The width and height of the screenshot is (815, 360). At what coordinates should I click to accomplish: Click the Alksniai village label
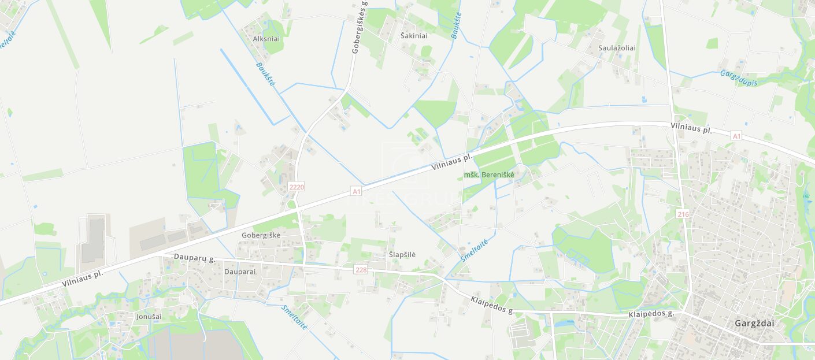[x=266, y=39]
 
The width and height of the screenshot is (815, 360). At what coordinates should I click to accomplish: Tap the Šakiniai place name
[x=414, y=36]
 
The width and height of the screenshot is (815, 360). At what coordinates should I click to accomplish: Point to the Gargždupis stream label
[x=738, y=78]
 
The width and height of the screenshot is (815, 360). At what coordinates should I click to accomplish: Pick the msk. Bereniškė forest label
[x=488, y=175]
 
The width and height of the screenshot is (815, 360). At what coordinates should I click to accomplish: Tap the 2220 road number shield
[x=296, y=187]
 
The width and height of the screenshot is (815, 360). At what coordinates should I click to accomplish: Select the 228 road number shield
[x=361, y=270]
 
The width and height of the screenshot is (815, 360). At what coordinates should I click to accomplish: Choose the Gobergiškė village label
[x=261, y=235]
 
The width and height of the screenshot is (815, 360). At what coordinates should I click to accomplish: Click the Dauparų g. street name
[x=195, y=257]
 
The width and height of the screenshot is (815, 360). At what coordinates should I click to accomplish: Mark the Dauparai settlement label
[x=239, y=271]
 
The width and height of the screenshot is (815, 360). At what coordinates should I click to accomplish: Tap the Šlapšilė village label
[x=402, y=255]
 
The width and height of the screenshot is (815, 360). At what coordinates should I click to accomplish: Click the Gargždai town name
[x=754, y=323]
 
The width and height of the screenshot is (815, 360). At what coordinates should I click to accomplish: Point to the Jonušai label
[x=149, y=317]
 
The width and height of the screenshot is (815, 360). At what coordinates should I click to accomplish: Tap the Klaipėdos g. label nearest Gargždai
[x=651, y=314]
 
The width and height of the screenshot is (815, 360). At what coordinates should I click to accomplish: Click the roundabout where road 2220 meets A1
[x=291, y=204]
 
